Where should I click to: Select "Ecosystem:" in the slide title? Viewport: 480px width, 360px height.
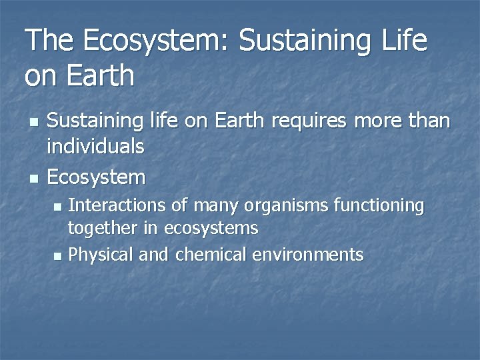(x=155, y=41)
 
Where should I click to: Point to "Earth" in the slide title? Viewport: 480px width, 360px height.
(x=101, y=75)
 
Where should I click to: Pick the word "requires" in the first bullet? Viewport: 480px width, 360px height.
(x=311, y=121)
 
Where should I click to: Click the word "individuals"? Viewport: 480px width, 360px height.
(x=96, y=147)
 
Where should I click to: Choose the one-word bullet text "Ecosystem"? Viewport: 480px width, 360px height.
(x=97, y=178)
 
